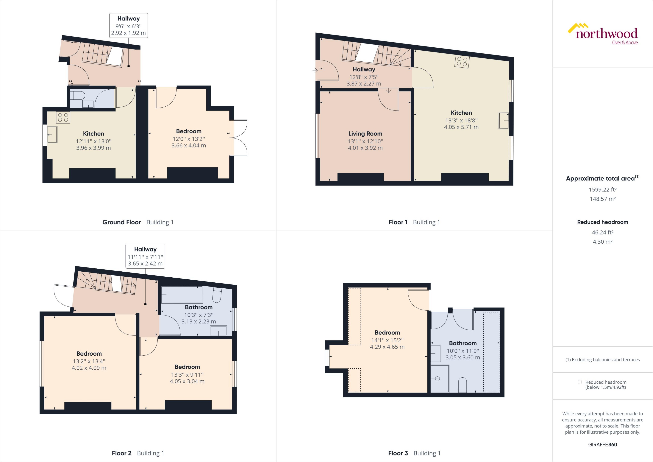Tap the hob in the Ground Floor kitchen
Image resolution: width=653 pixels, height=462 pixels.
click(x=63, y=117)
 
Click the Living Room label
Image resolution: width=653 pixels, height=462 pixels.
click(x=365, y=133)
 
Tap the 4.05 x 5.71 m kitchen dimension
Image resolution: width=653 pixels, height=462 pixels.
click(x=461, y=127)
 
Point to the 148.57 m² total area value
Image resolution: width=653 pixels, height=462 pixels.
click(x=602, y=199)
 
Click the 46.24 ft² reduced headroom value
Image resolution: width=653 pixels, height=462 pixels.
click(x=602, y=232)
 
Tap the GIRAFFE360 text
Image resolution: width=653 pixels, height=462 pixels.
click(x=602, y=444)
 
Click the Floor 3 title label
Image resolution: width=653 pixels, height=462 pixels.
click(x=398, y=453)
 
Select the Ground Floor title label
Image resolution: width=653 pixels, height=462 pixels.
click(x=121, y=222)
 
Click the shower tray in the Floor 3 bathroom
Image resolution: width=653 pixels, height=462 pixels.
click(x=440, y=379)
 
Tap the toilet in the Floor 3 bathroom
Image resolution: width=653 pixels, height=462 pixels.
click(x=463, y=385)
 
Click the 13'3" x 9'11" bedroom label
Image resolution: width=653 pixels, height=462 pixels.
click(x=187, y=374)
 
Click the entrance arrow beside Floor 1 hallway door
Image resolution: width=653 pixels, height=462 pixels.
click(x=315, y=70)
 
